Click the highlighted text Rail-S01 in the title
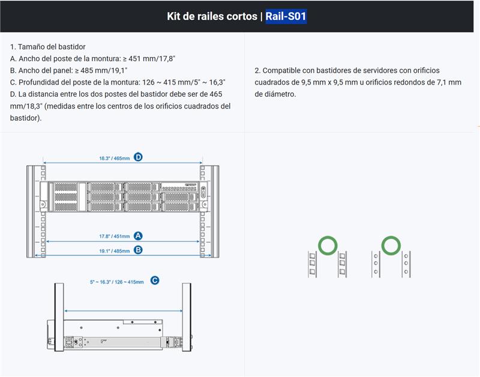tap(286, 16)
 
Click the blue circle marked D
tap(138, 157)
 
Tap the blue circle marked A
tap(138, 236)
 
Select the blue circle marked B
tap(138, 250)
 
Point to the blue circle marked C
tap(155, 280)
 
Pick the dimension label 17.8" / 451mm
tap(114, 237)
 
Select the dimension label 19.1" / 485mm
tap(114, 250)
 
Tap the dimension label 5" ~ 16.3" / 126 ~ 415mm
tap(116, 281)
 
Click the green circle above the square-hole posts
tap(327, 245)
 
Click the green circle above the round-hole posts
tap(391, 245)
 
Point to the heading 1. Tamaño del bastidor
tap(48, 46)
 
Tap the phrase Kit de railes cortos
tap(212, 16)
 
